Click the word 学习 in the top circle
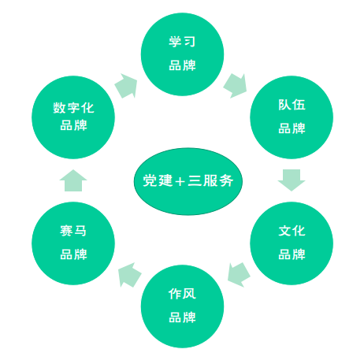click(x=182, y=42)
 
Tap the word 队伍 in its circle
click(x=292, y=105)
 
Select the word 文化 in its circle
click(x=292, y=231)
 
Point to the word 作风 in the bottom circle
click(x=182, y=294)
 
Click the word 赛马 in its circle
click(x=73, y=231)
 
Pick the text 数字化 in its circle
click(x=73, y=108)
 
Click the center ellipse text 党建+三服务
click(x=188, y=180)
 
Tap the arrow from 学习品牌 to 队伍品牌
click(x=236, y=86)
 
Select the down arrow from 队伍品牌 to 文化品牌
click(x=292, y=180)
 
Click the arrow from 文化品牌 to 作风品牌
click(x=239, y=275)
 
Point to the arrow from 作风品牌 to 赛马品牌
click(x=130, y=275)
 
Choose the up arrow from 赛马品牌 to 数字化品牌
click(x=73, y=180)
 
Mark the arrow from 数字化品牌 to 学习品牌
click(x=126, y=86)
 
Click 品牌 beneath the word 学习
click(x=182, y=65)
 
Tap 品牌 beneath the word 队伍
click(x=292, y=128)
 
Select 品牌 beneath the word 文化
click(x=292, y=254)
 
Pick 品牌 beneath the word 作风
click(x=182, y=317)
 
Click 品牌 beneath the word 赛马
click(x=73, y=254)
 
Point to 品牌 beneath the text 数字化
click(x=73, y=125)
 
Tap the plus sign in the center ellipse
click(x=180, y=181)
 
